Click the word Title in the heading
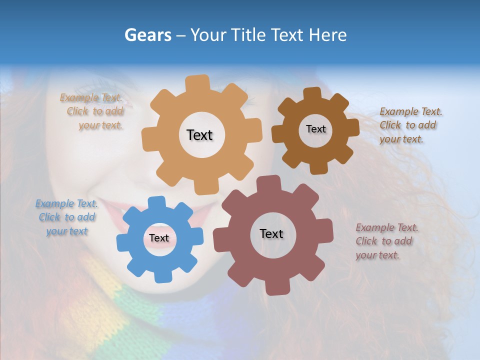point(248,35)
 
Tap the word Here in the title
point(327,35)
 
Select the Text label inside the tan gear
point(199,135)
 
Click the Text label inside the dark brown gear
point(315,129)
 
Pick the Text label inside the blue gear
point(159,238)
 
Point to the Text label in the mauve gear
point(271,233)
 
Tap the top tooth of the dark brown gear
point(312,93)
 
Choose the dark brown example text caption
point(410,125)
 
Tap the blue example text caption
point(66,217)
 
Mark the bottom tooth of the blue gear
point(161,275)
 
